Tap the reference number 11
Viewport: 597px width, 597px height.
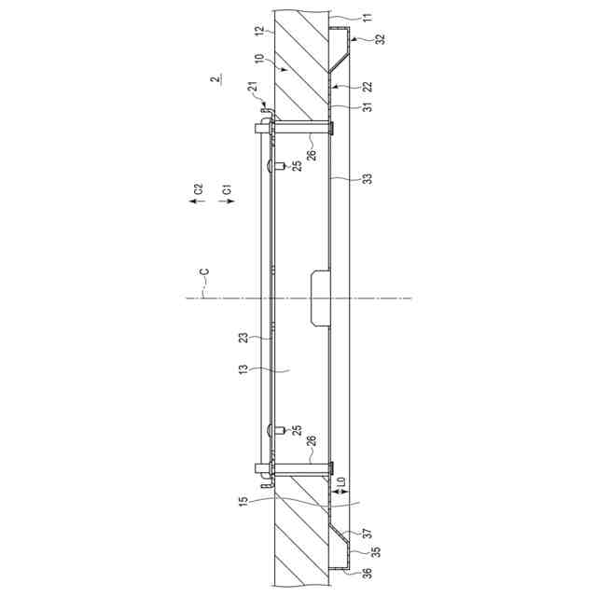[368, 18]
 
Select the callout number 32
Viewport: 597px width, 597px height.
[380, 39]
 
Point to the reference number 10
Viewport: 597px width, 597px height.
[259, 60]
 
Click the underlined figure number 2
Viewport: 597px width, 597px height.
[215, 79]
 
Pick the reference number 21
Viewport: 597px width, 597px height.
[253, 86]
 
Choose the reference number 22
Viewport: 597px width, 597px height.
[368, 87]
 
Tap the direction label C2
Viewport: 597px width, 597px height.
[199, 189]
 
